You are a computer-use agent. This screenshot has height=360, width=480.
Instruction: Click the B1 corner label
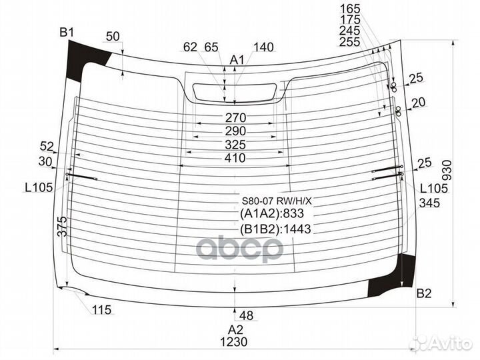67,33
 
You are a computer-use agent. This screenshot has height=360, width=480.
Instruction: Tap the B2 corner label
424,293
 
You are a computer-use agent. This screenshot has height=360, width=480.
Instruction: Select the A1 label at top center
237,60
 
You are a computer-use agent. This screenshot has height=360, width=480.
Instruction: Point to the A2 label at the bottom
235,330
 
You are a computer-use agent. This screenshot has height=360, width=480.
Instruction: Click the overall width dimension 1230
234,341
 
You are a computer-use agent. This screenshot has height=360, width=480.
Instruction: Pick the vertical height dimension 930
447,170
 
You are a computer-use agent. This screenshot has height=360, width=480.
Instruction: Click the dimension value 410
235,158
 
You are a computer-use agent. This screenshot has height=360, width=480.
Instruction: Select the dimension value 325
235,145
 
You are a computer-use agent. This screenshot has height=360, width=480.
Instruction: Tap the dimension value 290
235,131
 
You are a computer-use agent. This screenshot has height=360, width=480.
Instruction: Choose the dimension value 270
235,117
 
